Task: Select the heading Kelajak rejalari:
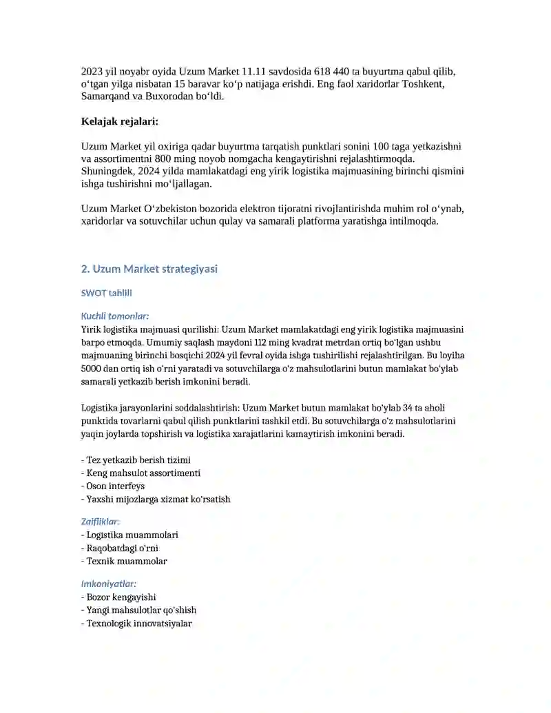(x=120, y=122)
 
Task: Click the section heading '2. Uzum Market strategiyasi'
(x=149, y=269)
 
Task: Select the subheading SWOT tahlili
(x=107, y=293)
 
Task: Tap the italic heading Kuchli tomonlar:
(x=115, y=316)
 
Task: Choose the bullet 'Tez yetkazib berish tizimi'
(x=136, y=459)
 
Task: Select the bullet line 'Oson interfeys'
(x=113, y=486)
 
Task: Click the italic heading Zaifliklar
(x=101, y=521)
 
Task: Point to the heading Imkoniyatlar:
(x=109, y=584)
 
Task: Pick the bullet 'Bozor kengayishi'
(x=123, y=597)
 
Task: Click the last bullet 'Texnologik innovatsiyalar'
(x=136, y=623)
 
